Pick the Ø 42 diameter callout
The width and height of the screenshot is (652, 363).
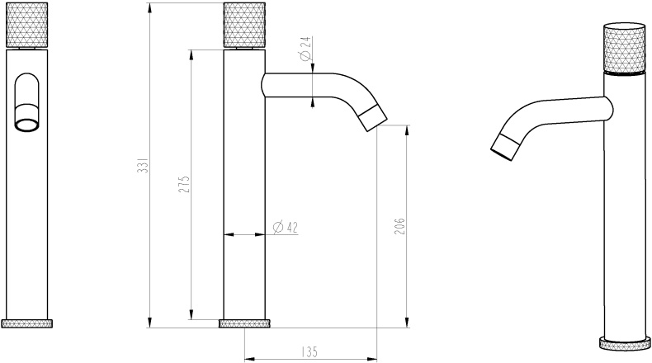point(284,227)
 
